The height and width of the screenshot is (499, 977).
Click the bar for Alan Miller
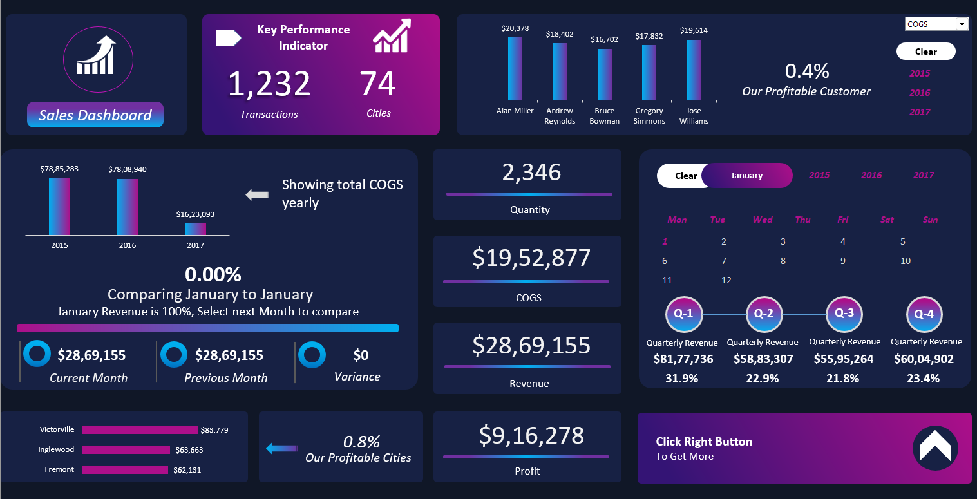pos(515,68)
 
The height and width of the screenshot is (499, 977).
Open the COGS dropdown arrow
pos(962,24)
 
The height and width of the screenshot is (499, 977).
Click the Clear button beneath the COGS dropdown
pos(925,52)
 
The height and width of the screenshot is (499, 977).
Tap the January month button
pos(746,175)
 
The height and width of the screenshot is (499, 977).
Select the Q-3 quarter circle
pos(844,314)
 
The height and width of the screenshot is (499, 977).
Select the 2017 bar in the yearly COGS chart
pos(195,229)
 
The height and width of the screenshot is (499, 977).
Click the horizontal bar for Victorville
pos(139,430)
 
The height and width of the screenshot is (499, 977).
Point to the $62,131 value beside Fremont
pos(187,470)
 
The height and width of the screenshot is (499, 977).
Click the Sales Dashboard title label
pos(95,115)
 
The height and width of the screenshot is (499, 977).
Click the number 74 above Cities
pos(377,84)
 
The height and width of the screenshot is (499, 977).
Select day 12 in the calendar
pos(726,280)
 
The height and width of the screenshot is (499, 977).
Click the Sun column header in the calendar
pos(930,220)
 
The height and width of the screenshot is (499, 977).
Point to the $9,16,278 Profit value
pos(531,436)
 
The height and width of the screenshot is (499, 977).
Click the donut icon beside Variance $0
pos(313,355)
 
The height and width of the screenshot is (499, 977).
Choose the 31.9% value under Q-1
pos(681,379)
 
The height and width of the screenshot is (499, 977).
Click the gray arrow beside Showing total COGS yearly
pos(257,194)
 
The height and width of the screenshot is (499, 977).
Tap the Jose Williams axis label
pos(694,116)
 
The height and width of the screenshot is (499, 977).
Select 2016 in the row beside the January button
pos(871,175)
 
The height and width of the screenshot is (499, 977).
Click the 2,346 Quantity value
pos(531,173)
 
